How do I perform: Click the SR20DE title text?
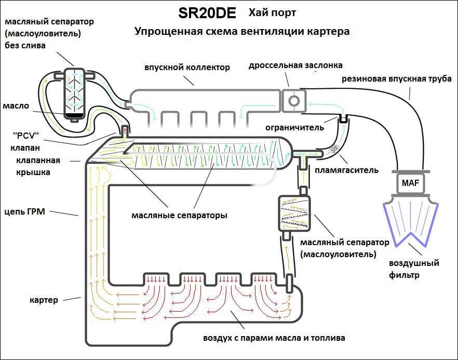(x=207, y=14)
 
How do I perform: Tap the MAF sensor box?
(x=410, y=183)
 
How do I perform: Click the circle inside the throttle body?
(x=293, y=101)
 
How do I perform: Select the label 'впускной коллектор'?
(x=187, y=68)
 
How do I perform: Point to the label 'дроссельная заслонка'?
(x=295, y=65)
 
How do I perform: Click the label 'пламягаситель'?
(x=346, y=170)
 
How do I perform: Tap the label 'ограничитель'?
(x=294, y=128)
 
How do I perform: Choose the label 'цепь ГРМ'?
(x=25, y=211)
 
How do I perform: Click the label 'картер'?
(x=44, y=300)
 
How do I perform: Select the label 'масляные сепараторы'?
(x=179, y=216)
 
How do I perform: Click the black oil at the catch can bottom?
(x=74, y=115)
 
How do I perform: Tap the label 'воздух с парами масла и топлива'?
(x=274, y=338)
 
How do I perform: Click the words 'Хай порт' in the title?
(x=272, y=13)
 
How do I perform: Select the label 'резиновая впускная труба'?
(x=396, y=79)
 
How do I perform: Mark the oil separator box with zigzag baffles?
(x=294, y=213)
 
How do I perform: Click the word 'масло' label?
(x=16, y=106)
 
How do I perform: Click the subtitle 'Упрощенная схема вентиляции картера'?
(x=242, y=31)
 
